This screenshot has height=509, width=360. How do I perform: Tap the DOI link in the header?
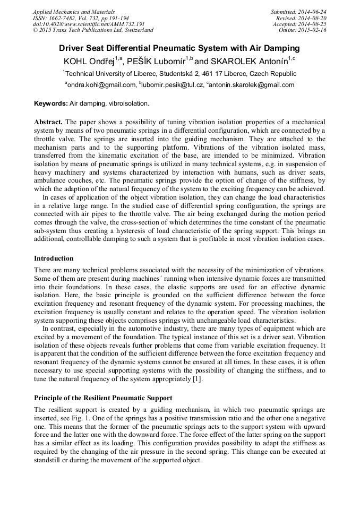click(89, 24)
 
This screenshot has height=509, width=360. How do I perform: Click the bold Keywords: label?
click(51, 103)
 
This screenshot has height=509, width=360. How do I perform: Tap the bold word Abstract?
click(48, 122)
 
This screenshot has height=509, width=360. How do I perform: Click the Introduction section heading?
click(54, 258)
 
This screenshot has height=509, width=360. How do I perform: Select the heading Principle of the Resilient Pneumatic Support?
click(104, 398)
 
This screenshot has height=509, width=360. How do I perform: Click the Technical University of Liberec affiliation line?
click(179, 74)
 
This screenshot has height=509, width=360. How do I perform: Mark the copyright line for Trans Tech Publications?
click(93, 30)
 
